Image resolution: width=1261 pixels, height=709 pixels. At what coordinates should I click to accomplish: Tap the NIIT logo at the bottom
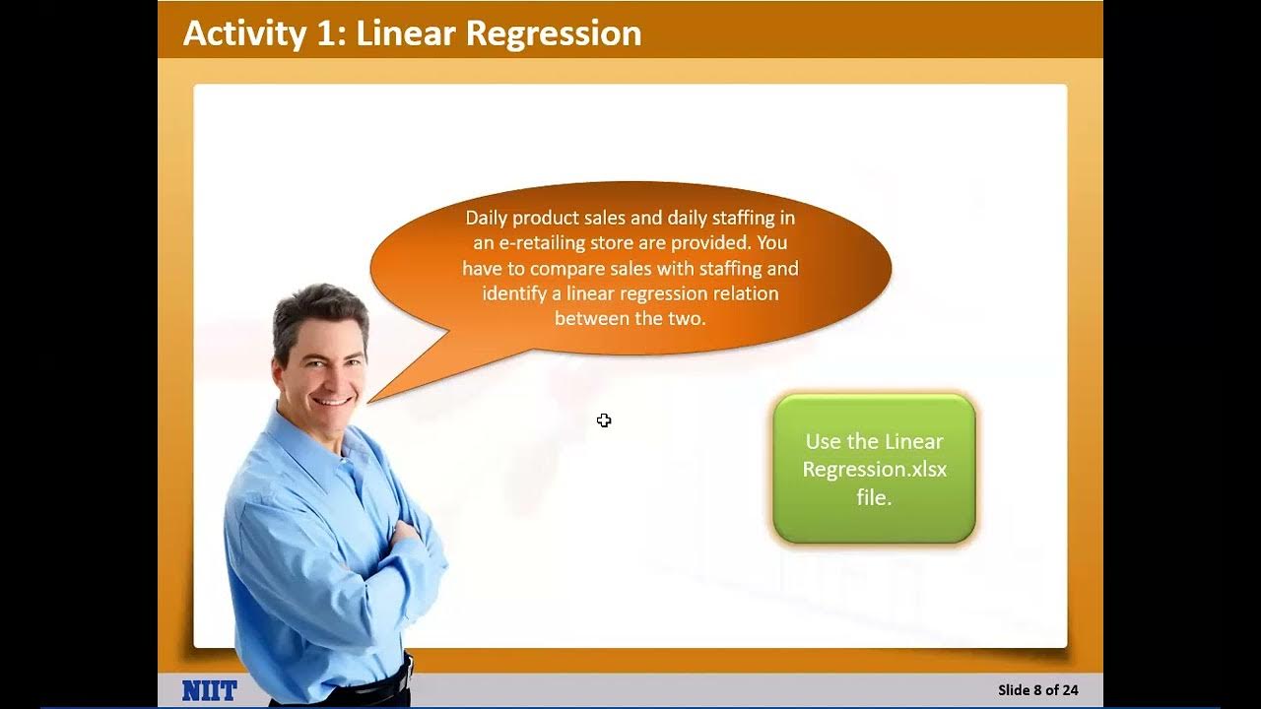pyautogui.click(x=209, y=690)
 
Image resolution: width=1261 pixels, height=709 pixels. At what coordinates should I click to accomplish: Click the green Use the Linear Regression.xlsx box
pyautogui.click(x=874, y=469)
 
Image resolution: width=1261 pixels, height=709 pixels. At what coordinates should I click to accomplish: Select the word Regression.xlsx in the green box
pyautogui.click(x=874, y=470)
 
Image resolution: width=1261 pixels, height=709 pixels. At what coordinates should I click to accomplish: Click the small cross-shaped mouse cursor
pyautogui.click(x=604, y=420)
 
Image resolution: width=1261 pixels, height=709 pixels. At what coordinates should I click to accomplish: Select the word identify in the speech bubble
pyautogui.click(x=514, y=293)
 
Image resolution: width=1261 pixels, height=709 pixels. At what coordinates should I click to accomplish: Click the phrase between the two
pyautogui.click(x=630, y=318)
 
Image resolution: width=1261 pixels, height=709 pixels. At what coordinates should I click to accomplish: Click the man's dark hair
pyautogui.click(x=318, y=306)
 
